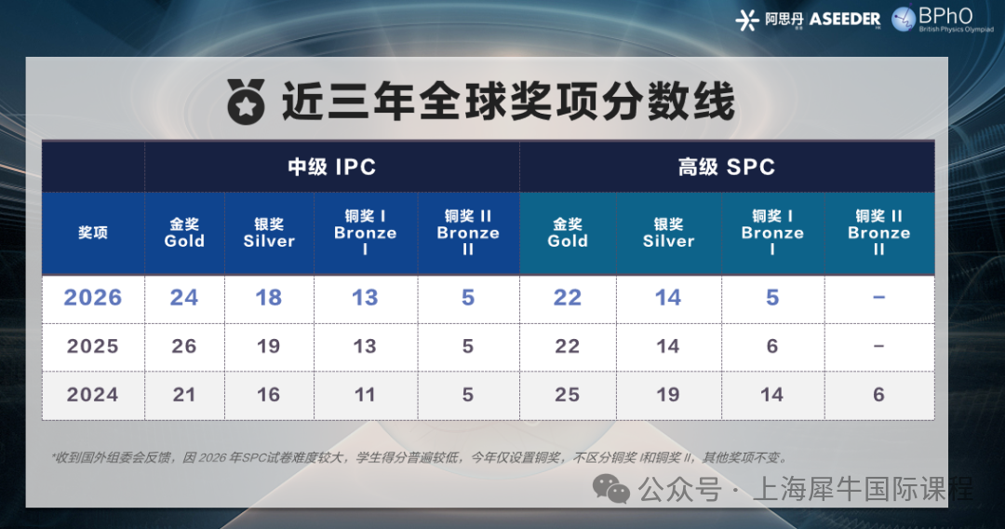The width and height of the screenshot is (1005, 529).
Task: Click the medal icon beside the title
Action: pos(246,101)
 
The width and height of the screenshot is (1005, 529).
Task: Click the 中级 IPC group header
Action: pos(331,168)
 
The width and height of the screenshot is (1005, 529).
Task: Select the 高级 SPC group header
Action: pos(727,168)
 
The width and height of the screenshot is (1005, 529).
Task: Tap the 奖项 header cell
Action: pos(93,233)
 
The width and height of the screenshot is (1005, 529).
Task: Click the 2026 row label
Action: pos(93,298)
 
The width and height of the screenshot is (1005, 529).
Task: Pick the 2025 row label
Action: pos(93,346)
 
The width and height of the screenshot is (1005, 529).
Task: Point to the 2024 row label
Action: pos(93,395)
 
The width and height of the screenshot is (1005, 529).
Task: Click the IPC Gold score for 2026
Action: pos(184,298)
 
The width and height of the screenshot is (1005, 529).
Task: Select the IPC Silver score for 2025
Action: pos(269,346)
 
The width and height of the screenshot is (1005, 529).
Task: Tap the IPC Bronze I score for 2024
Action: pos(365,395)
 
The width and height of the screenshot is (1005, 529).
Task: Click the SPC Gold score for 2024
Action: pos(568,395)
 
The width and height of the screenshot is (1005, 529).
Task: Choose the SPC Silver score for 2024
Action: pos(668,395)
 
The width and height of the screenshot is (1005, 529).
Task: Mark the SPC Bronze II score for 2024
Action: pos(879,395)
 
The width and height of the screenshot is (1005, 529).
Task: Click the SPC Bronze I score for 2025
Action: pos(772,346)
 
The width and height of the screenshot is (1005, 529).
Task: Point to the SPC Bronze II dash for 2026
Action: pos(879,298)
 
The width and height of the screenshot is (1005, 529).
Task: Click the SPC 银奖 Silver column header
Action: pos(668,233)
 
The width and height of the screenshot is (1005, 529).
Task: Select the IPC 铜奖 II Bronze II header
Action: pos(468,233)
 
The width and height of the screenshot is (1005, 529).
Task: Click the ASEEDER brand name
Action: pos(845,20)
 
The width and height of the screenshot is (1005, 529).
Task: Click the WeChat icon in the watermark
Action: pos(612,488)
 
